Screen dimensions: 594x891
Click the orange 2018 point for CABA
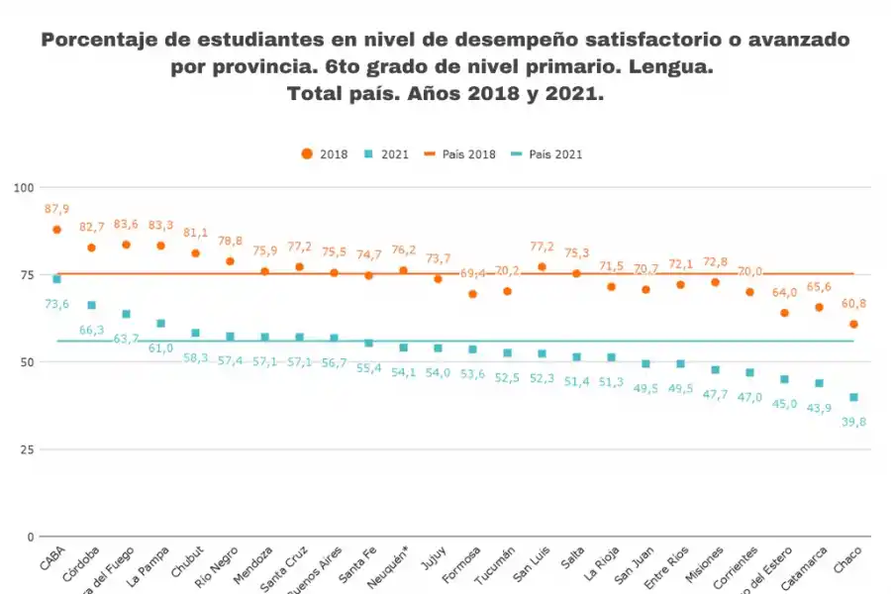56,230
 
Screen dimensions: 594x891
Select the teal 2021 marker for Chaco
853,397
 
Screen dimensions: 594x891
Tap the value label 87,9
56,209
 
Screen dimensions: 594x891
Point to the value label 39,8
853,422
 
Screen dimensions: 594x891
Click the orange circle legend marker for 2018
307,154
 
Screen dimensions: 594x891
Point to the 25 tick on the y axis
27,449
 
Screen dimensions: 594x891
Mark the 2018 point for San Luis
542,266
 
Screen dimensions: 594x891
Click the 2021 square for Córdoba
91,305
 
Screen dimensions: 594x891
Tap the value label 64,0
784,292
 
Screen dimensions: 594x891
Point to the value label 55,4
368,367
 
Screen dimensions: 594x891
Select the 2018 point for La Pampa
160,246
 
